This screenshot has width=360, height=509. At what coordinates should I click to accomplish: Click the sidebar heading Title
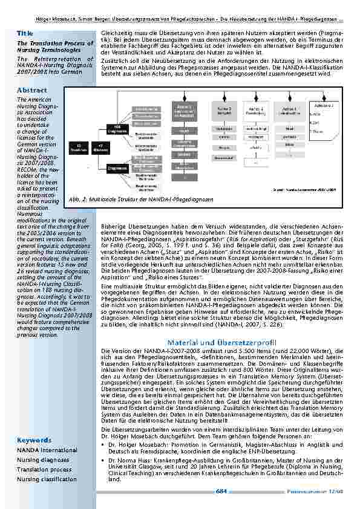click(25, 33)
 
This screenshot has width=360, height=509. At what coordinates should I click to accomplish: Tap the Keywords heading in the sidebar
click(33, 439)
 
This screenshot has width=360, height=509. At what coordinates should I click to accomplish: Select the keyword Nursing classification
click(47, 479)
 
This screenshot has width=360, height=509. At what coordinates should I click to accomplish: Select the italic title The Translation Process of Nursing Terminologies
click(47, 47)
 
